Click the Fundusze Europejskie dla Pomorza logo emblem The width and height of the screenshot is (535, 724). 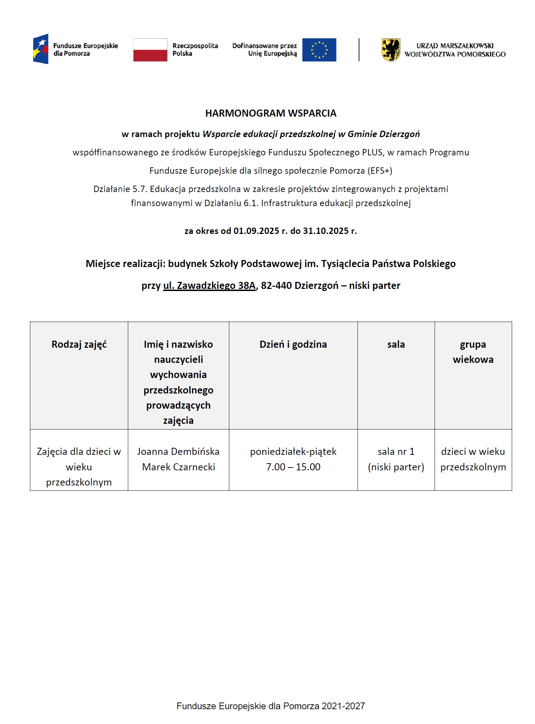41,49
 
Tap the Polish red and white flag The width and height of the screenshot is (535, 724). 150,50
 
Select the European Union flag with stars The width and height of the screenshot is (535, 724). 319,50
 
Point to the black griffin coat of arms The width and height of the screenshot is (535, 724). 391,50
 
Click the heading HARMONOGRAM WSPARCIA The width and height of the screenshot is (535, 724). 271,113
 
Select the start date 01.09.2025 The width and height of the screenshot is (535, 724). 256,231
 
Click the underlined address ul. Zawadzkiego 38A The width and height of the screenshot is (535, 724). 209,285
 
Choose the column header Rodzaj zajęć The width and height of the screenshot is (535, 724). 79,344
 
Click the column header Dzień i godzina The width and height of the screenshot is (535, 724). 293,344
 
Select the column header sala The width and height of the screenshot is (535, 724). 396,344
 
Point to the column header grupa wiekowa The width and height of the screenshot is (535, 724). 473,352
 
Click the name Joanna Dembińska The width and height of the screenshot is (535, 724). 178,451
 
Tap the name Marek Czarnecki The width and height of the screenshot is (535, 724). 178,467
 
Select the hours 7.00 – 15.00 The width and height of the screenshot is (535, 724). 293,467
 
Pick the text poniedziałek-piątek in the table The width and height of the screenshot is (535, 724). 293,451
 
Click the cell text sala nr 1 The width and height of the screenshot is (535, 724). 396,451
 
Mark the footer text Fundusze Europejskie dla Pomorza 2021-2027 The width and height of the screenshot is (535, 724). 270,706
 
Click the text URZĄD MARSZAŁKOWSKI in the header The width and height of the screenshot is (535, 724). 455,46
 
